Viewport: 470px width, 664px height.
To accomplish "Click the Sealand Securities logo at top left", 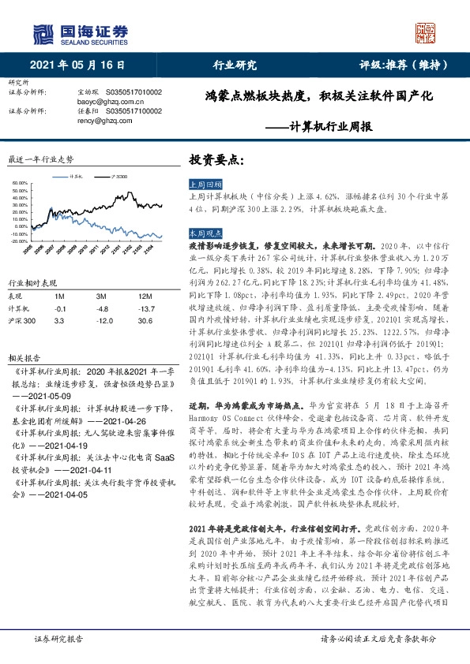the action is tap(79, 32).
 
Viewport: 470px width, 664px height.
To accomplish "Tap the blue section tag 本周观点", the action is tap(204, 234).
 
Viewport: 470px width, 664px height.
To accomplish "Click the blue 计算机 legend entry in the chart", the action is tap(76, 177).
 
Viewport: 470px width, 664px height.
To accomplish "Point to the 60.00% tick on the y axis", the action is tap(19, 184).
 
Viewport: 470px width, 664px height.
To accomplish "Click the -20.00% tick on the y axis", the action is tap(19, 241).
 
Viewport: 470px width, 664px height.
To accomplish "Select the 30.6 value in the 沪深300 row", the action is tap(145, 321).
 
